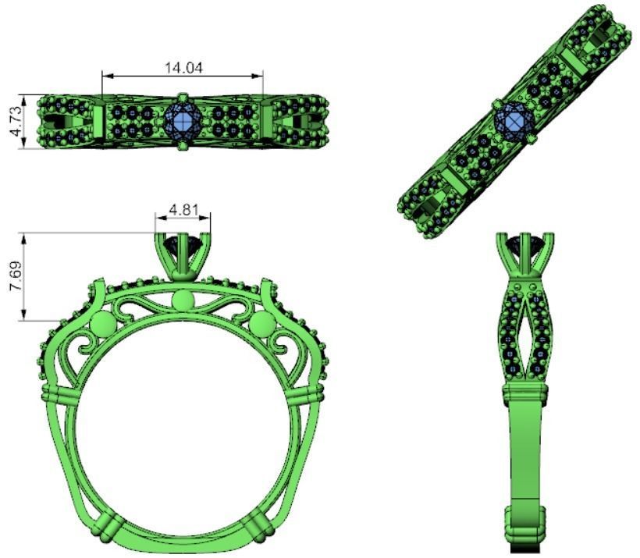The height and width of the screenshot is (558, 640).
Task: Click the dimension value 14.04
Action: [183, 67]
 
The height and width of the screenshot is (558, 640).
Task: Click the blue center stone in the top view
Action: [183, 122]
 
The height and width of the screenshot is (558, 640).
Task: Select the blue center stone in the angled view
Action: [514, 123]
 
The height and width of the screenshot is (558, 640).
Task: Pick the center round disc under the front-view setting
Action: [183, 300]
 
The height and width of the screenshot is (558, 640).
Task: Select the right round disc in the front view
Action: [261, 325]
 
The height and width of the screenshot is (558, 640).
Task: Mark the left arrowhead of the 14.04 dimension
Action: [107, 76]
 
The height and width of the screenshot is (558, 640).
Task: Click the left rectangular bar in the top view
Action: [98, 123]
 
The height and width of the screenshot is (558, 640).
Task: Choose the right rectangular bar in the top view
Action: [267, 123]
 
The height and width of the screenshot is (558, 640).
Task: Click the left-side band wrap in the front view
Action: [59, 393]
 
